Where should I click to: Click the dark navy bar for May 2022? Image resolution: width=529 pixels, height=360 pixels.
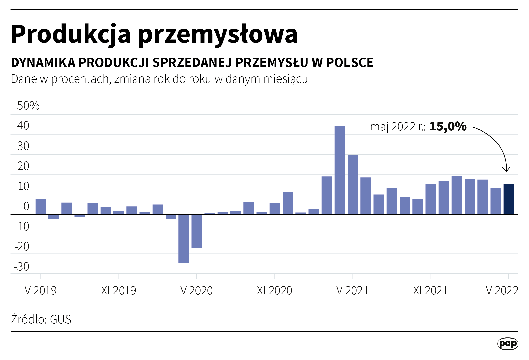[x=508, y=199]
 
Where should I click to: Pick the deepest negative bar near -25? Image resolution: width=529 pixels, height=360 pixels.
[x=184, y=238]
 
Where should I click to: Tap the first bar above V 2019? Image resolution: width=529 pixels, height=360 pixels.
[x=41, y=206]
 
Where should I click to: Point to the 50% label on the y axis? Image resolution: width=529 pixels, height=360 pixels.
[x=28, y=106]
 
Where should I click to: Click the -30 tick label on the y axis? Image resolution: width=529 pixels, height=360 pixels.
[x=22, y=267]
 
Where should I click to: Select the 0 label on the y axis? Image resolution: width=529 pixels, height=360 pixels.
[x=26, y=206]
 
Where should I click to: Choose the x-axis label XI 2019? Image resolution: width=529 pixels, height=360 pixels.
[x=119, y=291]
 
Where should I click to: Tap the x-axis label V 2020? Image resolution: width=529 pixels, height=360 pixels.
[x=196, y=291]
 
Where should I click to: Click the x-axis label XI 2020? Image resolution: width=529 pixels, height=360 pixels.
[x=274, y=291]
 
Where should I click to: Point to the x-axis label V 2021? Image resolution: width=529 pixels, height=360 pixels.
[x=352, y=291]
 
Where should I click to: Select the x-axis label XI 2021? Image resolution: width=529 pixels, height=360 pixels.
[x=431, y=291]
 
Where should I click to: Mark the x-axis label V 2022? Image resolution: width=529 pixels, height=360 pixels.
[x=502, y=291]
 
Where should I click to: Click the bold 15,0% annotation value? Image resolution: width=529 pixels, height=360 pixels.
[x=448, y=126]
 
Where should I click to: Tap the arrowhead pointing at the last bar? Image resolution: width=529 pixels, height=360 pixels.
[x=506, y=170]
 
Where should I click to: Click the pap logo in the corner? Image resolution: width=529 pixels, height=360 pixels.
[x=507, y=344]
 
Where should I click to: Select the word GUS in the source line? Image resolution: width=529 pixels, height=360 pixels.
[x=60, y=319]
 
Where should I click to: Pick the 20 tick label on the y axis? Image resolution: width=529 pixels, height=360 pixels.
[x=23, y=166]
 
